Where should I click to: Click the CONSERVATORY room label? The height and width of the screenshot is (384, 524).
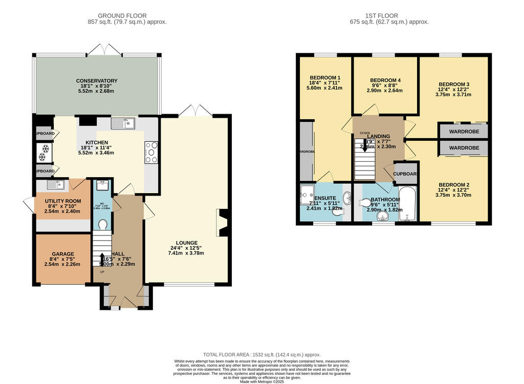pos(97,81)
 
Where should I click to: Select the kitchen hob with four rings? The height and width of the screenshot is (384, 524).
pos(151,152)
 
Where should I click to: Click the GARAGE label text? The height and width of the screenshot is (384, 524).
pos(62,254)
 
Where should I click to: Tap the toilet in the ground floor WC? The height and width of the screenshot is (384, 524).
pos(102,225)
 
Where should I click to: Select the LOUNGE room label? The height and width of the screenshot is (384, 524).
pos(186,243)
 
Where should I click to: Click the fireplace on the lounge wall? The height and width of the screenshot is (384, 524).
pos(222,223)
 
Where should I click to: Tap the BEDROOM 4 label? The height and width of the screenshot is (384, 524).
pos(385,80)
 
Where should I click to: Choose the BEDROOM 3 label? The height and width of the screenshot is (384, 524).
pos(453,84)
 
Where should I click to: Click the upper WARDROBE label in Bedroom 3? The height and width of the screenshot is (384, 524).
pos(464,131)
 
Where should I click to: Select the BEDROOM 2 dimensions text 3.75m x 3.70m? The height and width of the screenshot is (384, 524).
pos(453,195)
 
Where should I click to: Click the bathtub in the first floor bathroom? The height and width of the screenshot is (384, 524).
pos(408,204)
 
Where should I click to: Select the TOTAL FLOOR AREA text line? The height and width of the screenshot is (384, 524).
pos(261,354)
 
